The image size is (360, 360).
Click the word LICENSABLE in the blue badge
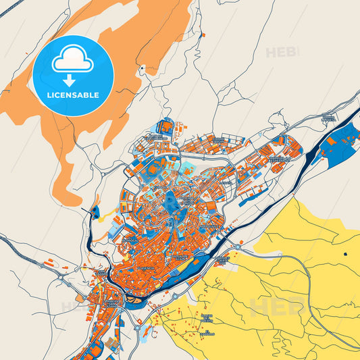(x=73, y=95)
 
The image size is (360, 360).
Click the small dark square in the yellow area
(x=344, y=254)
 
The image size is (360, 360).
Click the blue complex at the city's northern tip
(x=165, y=126)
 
